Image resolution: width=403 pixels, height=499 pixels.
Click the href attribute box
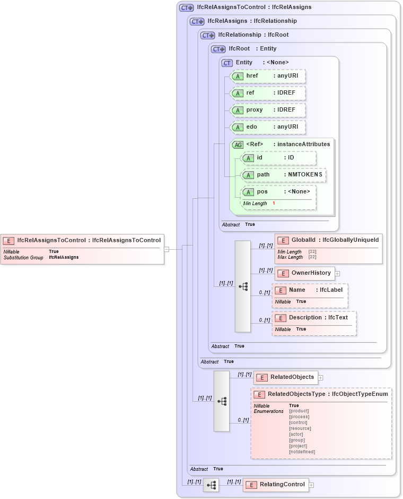tap(268, 76)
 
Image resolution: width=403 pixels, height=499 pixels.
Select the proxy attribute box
tap(268, 110)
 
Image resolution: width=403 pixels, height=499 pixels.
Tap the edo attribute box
tap(268, 127)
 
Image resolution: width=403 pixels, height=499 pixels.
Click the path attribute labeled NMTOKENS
tap(284, 175)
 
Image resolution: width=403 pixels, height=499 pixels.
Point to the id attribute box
tap(279, 158)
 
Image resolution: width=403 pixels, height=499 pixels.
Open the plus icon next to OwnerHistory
tap(337, 273)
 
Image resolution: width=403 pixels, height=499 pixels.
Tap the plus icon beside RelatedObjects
tap(321, 378)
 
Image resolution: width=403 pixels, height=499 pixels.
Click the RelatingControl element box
tap(276, 485)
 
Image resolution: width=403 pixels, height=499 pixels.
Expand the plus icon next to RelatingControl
tap(311, 485)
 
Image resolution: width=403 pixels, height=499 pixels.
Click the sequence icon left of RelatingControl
tap(211, 485)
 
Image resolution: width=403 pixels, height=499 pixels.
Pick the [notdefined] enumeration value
tap(302, 452)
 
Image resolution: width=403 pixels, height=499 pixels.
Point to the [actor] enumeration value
tap(296, 434)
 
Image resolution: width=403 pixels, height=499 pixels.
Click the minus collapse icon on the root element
tap(167, 249)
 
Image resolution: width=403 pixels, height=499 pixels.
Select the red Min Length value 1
tap(274, 204)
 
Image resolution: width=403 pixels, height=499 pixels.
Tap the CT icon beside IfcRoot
tap(218, 49)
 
